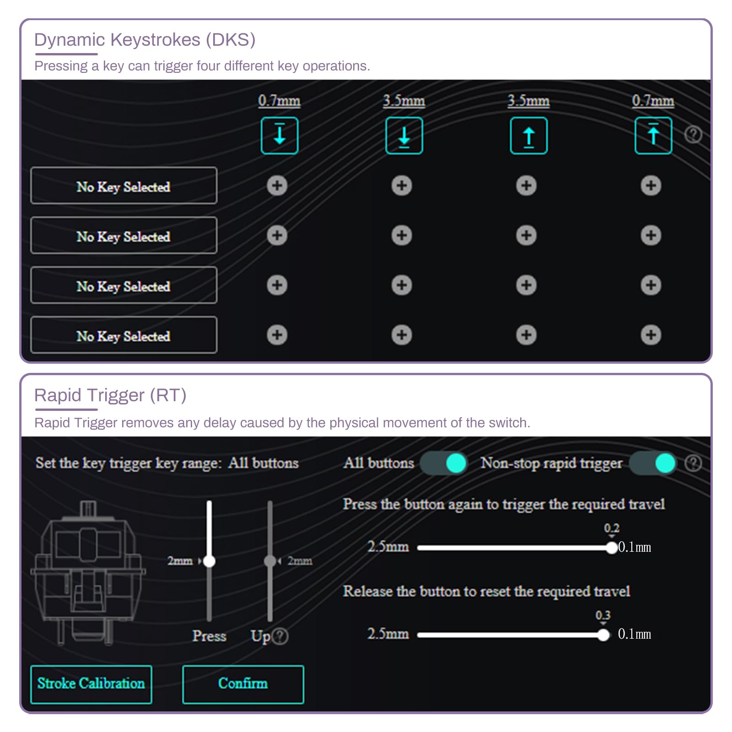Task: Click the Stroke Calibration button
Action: [91, 684]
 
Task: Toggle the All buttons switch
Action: [443, 463]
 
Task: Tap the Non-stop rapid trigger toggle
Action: [653, 463]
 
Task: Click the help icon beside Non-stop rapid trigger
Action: [693, 463]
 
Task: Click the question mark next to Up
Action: [280, 636]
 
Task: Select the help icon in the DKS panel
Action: [693, 135]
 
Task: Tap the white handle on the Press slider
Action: [209, 561]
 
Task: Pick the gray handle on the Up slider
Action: [270, 561]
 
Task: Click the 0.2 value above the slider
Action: [612, 528]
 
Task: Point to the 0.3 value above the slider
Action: [603, 615]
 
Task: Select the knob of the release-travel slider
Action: [603, 635]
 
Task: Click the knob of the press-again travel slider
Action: [612, 548]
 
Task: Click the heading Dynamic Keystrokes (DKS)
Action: [145, 40]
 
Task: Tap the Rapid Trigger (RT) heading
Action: [110, 395]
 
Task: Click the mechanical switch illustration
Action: [88, 573]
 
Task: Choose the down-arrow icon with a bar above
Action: [280, 135]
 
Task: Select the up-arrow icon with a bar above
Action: [653, 135]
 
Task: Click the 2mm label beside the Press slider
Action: [180, 561]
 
